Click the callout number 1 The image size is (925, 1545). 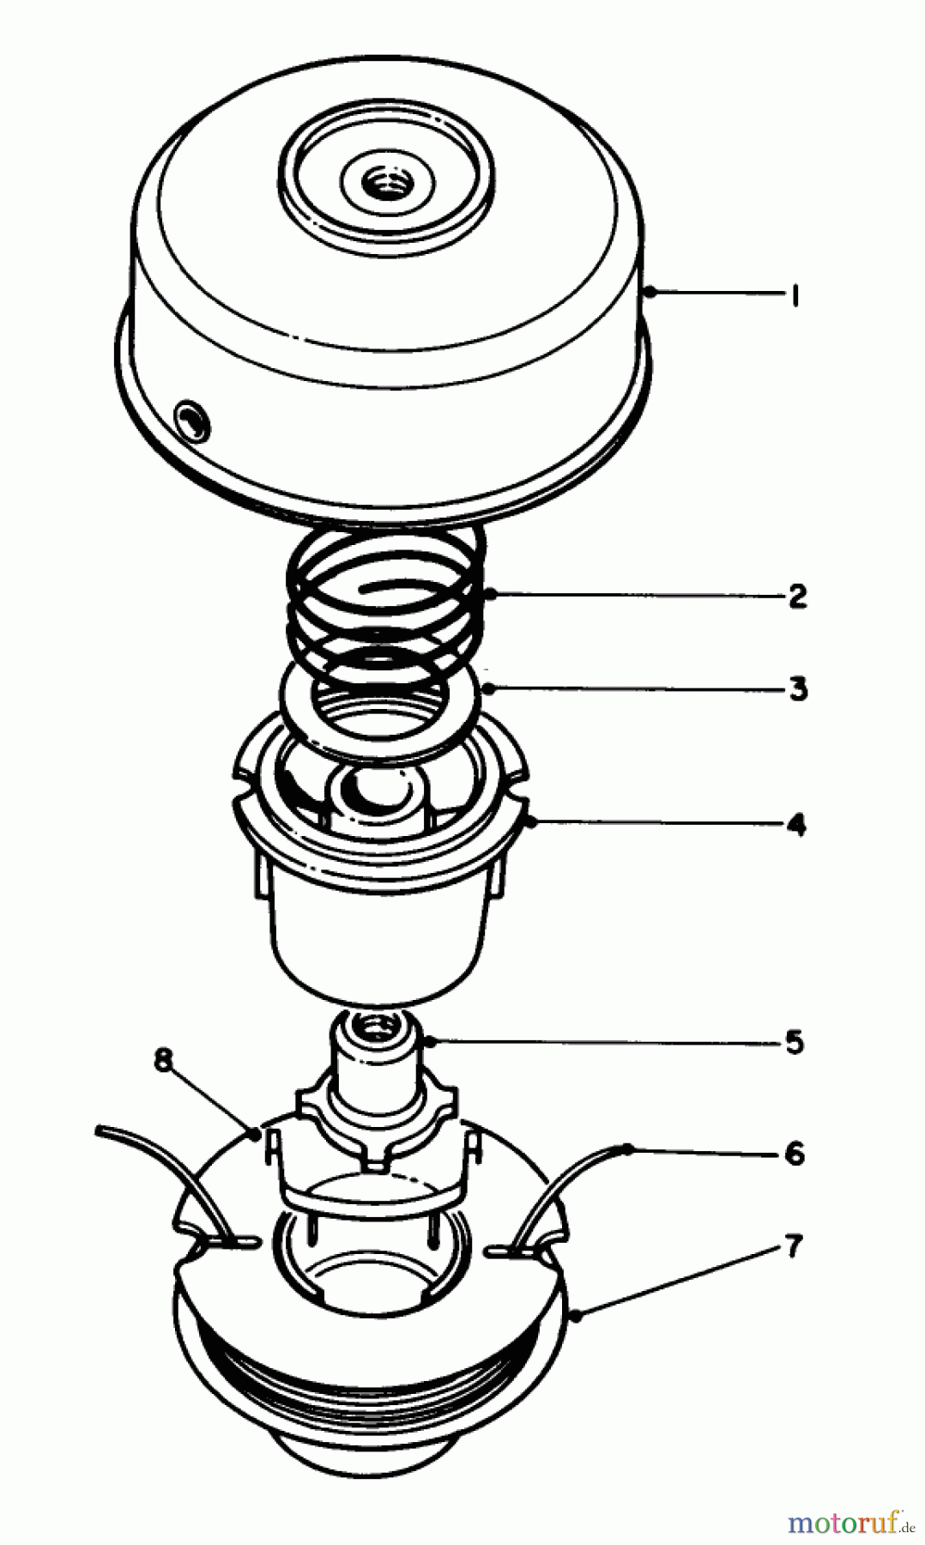pyautogui.click(x=795, y=295)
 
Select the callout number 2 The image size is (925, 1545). pyautogui.click(x=797, y=596)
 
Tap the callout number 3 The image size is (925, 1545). pyautogui.click(x=798, y=689)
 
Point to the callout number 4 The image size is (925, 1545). pyautogui.click(x=797, y=825)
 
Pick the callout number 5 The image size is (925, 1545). pyautogui.click(x=795, y=1043)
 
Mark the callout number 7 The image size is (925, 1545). pyautogui.click(x=794, y=1245)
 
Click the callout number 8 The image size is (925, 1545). pyautogui.click(x=164, y=1061)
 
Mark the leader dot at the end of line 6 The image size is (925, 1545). pyautogui.click(x=629, y=1148)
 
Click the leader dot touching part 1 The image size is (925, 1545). pyautogui.click(x=651, y=294)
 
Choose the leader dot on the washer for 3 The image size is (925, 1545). pyautogui.click(x=487, y=688)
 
